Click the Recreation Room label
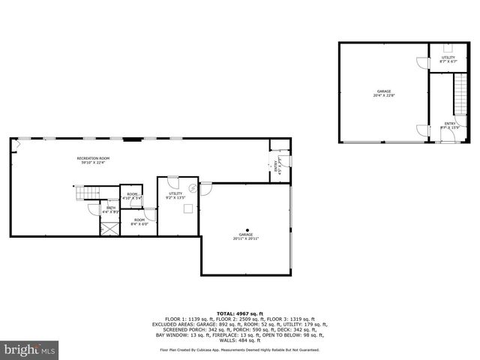point(93,158)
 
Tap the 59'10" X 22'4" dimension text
point(93,163)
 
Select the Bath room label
point(111,208)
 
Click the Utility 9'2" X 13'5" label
point(175,196)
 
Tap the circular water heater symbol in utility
point(192,188)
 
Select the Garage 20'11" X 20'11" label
point(244,235)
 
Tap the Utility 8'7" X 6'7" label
point(448,58)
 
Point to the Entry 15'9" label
point(449,126)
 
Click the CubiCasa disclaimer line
point(239,349)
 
